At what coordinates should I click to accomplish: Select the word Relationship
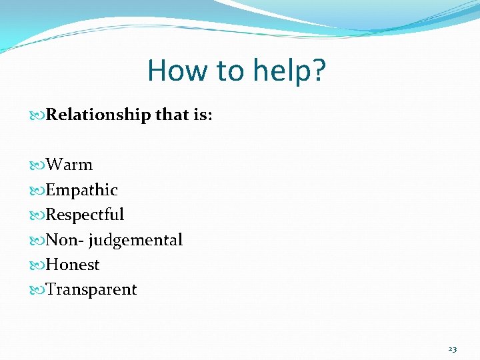(x=99, y=115)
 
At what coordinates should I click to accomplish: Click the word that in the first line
(x=172, y=115)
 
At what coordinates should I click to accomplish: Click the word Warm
(x=69, y=165)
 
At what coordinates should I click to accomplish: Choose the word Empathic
(x=81, y=190)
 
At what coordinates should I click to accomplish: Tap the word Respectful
(x=85, y=215)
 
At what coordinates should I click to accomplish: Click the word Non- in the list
(x=63, y=239)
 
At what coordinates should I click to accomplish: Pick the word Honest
(x=73, y=265)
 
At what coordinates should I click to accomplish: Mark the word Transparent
(x=91, y=289)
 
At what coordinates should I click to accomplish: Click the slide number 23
(x=453, y=349)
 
